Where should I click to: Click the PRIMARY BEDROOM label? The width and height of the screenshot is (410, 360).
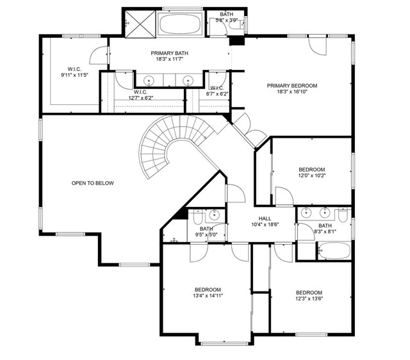pyautogui.click(x=292, y=85)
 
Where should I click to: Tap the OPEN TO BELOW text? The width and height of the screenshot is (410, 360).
pyautogui.click(x=92, y=183)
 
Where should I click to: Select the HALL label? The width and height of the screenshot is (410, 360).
pyautogui.click(x=265, y=218)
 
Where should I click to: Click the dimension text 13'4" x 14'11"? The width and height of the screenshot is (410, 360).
pyautogui.click(x=208, y=296)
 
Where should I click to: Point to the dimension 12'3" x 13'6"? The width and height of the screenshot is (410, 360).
pyautogui.click(x=309, y=298)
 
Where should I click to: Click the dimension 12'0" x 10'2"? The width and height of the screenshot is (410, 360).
pyautogui.click(x=313, y=176)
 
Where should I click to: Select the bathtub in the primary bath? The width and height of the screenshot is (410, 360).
pyautogui.click(x=179, y=24)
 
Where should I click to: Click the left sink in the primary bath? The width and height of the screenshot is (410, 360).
pyautogui.click(x=149, y=81)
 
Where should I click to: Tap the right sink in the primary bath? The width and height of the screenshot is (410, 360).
pyautogui.click(x=188, y=81)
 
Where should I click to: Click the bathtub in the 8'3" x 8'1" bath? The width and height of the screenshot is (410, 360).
pyautogui.click(x=333, y=250)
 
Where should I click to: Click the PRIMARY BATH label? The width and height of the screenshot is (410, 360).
pyautogui.click(x=169, y=53)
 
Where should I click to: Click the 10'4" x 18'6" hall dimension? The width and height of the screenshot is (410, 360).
pyautogui.click(x=265, y=224)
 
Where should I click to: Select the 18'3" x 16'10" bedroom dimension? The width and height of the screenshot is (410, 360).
pyautogui.click(x=292, y=92)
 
